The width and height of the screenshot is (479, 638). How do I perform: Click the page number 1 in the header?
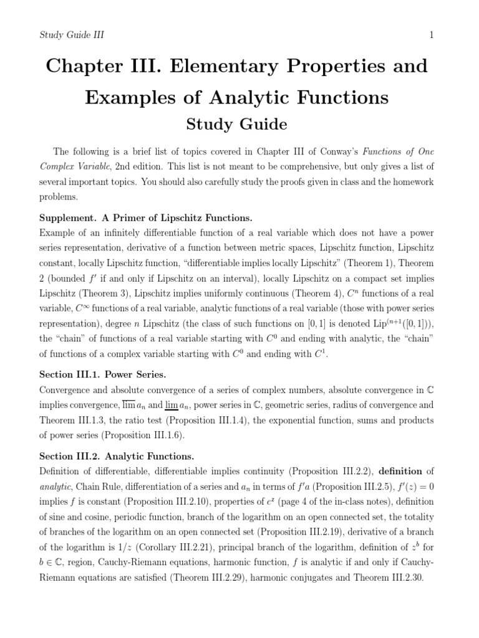[x=431, y=35]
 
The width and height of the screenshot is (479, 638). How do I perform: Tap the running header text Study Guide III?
[x=72, y=35]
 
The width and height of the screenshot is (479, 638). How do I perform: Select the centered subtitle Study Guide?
[x=237, y=125]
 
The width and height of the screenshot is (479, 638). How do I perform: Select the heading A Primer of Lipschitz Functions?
[x=181, y=217]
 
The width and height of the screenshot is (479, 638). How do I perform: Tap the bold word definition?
[x=402, y=471]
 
